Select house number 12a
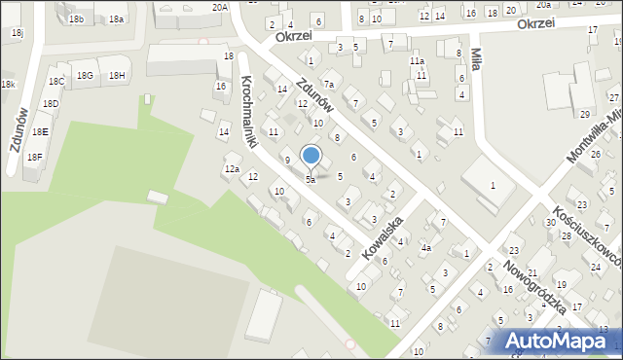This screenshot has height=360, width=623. [x=232, y=169]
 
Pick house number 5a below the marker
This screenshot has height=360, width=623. [x=311, y=180]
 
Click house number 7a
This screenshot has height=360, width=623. [x=329, y=85]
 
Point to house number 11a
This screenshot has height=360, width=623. [x=417, y=60]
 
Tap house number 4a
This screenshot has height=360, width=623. [x=425, y=248]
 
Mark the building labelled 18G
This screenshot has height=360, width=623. [x=86, y=76]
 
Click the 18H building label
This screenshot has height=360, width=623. [x=117, y=76]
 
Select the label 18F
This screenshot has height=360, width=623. [x=34, y=157]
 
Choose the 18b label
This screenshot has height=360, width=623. [x=76, y=19]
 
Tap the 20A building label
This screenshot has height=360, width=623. [x=220, y=7]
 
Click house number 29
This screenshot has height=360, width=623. [x=584, y=115]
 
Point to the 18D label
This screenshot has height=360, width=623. [x=50, y=104]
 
